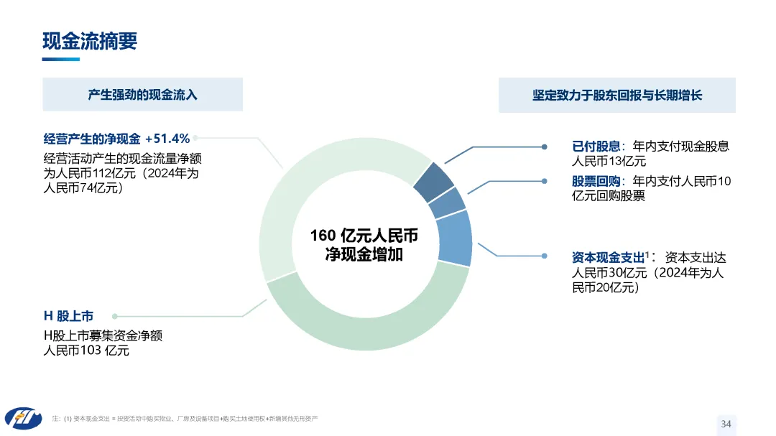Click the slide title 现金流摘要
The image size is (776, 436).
[x=90, y=41]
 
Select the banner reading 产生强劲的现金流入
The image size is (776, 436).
[x=142, y=95]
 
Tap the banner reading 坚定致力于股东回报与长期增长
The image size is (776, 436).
[x=616, y=95]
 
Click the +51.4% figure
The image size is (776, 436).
[x=167, y=139]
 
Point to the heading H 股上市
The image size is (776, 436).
[x=68, y=316]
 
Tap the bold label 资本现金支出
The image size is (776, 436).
[x=608, y=257]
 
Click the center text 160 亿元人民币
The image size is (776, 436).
[x=364, y=236]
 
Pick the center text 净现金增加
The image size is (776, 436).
[x=364, y=254]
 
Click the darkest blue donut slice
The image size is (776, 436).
[x=433, y=182]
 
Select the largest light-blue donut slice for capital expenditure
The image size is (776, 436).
[x=453, y=238]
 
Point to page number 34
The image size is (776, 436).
[x=726, y=424]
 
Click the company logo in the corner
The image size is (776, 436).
[x=23, y=417]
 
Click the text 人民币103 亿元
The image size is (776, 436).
[x=87, y=351]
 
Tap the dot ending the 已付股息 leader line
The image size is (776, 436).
[x=544, y=147]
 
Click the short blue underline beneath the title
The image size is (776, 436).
[x=61, y=59]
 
